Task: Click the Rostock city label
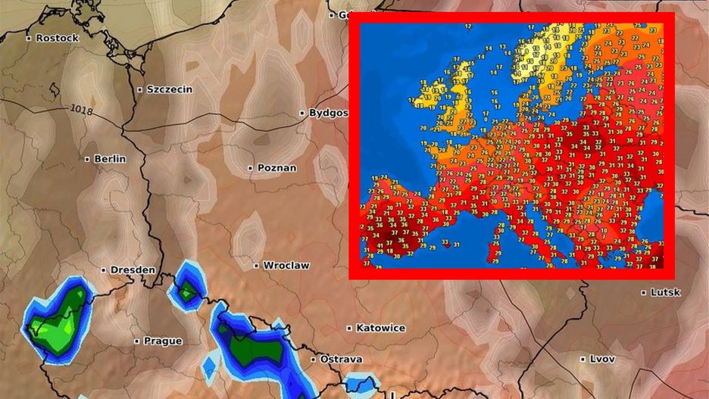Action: pyautogui.click(x=58, y=38)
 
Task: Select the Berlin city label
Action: pyautogui.click(x=110, y=159)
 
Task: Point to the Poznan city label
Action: pyautogui.click(x=277, y=167)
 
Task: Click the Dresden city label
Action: pyautogui.click(x=133, y=270)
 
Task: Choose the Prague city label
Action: pyautogui.click(x=163, y=341)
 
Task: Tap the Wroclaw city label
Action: pyautogui.click(x=286, y=266)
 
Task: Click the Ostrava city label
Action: pyautogui.click(x=341, y=359)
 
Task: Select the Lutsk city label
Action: pyautogui.click(x=667, y=292)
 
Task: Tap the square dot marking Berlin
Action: pyautogui.click(x=88, y=159)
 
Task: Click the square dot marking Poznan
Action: pyautogui.click(x=251, y=167)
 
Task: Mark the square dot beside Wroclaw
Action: pyautogui.click(x=257, y=266)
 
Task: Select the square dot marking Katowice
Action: pyautogui.click(x=349, y=328)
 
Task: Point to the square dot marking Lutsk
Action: pyautogui.click(x=644, y=292)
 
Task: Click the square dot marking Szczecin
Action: pyautogui.click(x=140, y=89)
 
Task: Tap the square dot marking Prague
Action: pyautogui.click(x=137, y=341)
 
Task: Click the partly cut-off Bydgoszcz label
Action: pyautogui.click(x=329, y=113)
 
